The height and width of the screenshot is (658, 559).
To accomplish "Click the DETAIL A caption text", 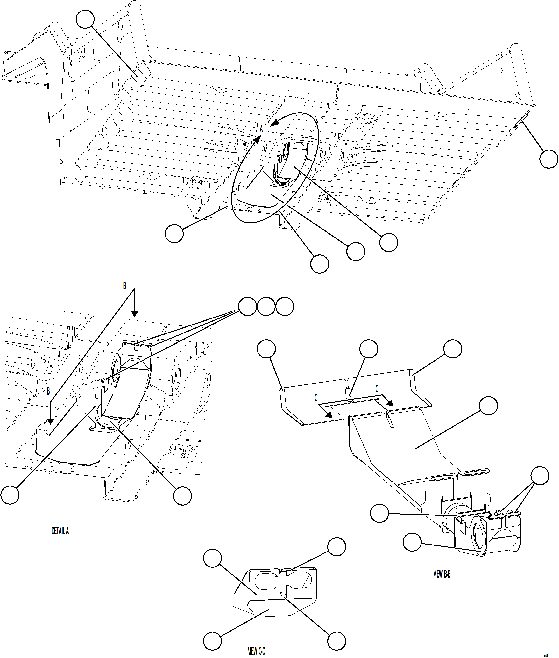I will (60, 531).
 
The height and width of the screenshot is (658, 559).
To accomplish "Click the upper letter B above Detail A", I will (124, 286).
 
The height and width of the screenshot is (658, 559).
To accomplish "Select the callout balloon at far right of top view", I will (549, 159).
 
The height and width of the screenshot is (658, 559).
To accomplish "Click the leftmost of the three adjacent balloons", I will (247, 307).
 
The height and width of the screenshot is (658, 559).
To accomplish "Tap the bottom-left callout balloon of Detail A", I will (10, 495).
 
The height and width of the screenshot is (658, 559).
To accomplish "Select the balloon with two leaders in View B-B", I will (540, 476).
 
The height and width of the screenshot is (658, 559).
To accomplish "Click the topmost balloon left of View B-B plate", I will (266, 349).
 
